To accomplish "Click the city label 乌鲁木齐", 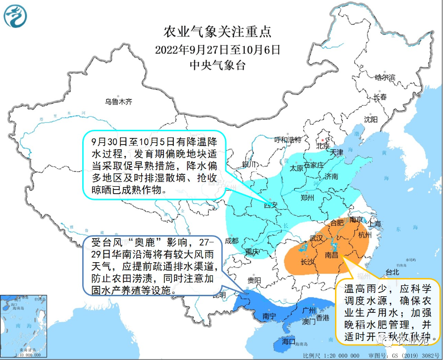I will click(119, 101).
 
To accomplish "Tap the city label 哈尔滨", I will click(384, 77).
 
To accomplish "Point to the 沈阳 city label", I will click(371, 120).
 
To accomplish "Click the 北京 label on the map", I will click(323, 146).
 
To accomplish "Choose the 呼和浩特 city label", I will click(288, 139).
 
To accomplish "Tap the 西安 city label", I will click(271, 205).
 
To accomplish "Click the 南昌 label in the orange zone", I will click(332, 255).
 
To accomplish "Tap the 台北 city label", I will click(392, 272).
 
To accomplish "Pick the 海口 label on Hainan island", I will click(288, 341).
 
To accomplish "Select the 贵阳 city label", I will click(254, 280).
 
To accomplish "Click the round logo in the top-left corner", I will click(16, 17).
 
